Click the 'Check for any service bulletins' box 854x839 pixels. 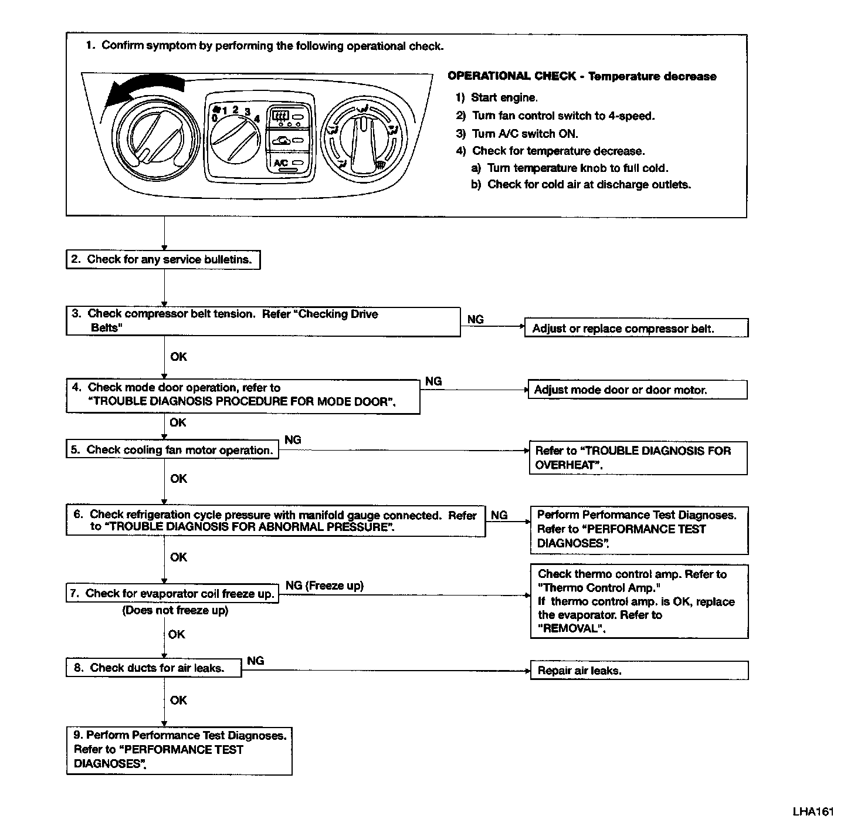(x=162, y=260)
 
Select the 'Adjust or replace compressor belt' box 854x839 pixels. (x=636, y=328)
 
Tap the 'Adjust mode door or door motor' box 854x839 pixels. (x=638, y=390)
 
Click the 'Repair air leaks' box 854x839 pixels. (x=639, y=671)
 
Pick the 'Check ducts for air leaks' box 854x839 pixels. (x=154, y=668)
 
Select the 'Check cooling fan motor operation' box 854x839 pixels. (x=172, y=450)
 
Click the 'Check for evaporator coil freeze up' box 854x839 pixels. (x=172, y=594)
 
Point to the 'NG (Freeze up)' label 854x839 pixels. (x=324, y=586)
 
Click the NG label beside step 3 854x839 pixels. (x=476, y=320)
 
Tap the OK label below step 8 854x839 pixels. (x=178, y=700)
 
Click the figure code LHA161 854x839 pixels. (x=813, y=812)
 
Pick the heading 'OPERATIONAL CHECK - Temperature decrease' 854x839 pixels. (x=581, y=76)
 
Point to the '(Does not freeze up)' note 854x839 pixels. (x=175, y=611)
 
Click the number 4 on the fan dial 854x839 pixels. (x=256, y=118)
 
